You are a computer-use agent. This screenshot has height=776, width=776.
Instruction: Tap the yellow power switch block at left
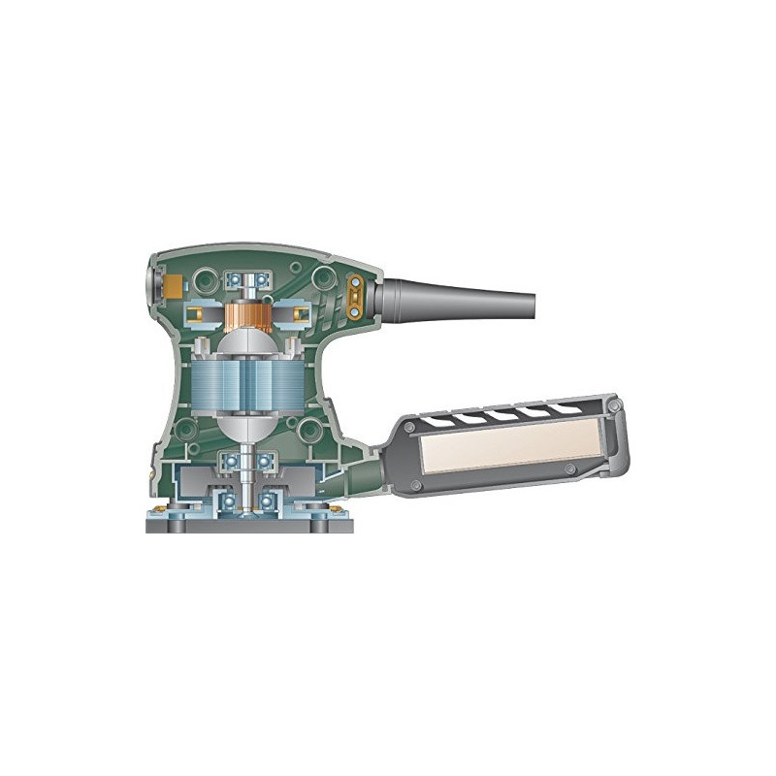pos(173,286)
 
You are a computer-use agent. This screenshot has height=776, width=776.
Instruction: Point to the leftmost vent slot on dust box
pos(441,421)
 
